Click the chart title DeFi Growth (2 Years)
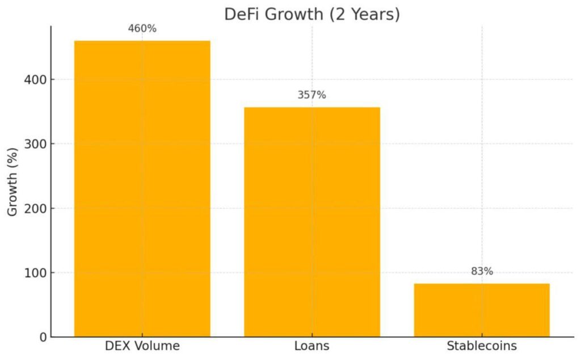pyautogui.click(x=312, y=14)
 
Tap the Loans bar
pyautogui.click(x=312, y=222)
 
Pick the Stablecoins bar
pyautogui.click(x=482, y=310)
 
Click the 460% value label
pyautogui.click(x=142, y=28)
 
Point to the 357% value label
pyautogui.click(x=312, y=95)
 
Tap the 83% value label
pyautogui.click(x=482, y=272)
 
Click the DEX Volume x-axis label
pyautogui.click(x=142, y=346)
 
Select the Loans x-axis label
pyautogui.click(x=312, y=346)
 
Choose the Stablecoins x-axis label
pyautogui.click(x=482, y=346)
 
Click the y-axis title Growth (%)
pyautogui.click(x=12, y=181)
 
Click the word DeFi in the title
pyautogui.click(x=241, y=14)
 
